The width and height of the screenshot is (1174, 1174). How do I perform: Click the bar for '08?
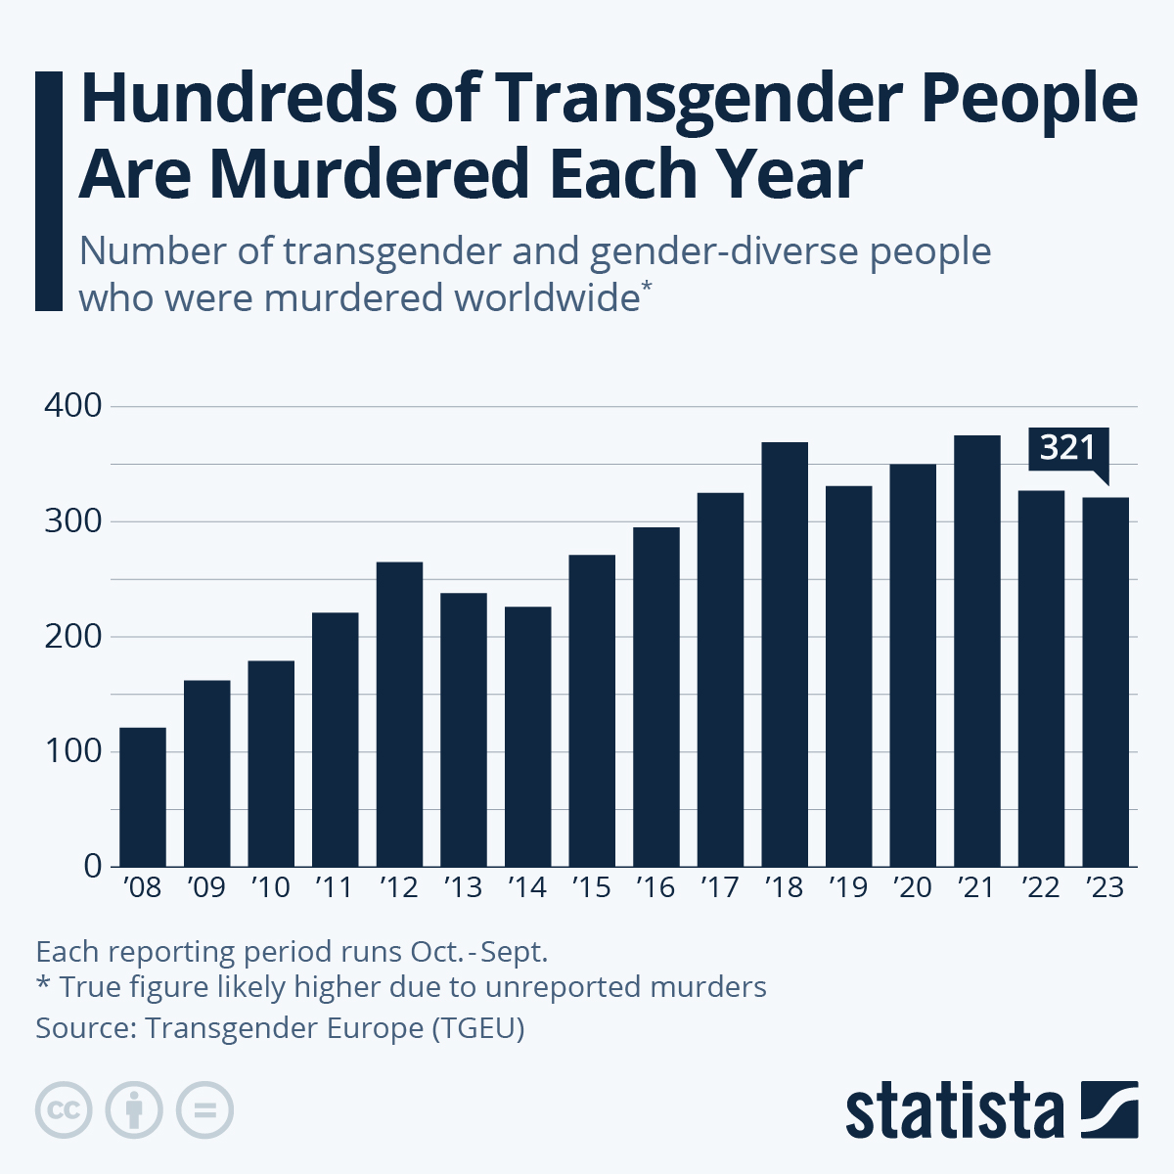pyautogui.click(x=143, y=796)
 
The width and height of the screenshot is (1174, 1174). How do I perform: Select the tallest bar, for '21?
pyautogui.click(x=977, y=651)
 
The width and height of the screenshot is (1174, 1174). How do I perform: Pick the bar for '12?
pyautogui.click(x=399, y=713)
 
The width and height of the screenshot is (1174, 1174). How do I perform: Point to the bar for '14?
pyautogui.click(x=527, y=736)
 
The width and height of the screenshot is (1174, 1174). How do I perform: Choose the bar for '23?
pyautogui.click(x=1106, y=682)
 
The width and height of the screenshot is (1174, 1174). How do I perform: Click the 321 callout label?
pyautogui.click(x=1067, y=449)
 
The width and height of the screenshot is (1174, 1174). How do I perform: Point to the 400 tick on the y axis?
pyautogui.click(x=73, y=406)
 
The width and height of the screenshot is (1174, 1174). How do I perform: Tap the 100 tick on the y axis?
pyautogui.click(x=73, y=751)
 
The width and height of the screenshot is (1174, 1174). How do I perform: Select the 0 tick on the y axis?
pyautogui.click(x=93, y=866)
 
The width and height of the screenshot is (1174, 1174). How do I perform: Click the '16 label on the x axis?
pyautogui.click(x=655, y=887)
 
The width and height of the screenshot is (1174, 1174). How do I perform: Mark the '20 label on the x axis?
pyautogui.click(x=912, y=887)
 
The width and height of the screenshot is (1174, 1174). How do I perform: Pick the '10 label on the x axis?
pyautogui.click(x=270, y=887)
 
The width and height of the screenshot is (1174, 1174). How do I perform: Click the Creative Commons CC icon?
pyautogui.click(x=64, y=1110)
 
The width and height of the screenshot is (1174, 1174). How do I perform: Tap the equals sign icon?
pyautogui.click(x=205, y=1110)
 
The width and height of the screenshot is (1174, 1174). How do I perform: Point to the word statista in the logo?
pyautogui.click(x=954, y=1111)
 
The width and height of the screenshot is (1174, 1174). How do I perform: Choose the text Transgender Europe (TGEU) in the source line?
pyautogui.click(x=335, y=1028)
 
